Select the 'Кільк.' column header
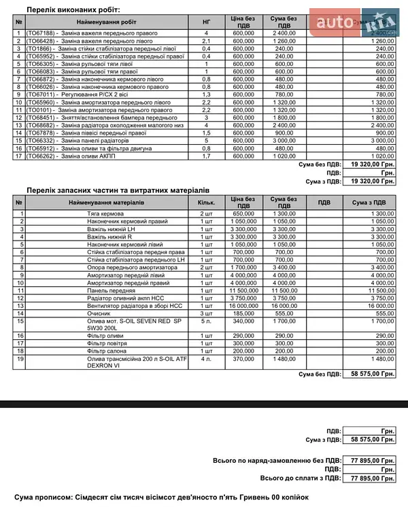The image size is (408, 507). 206,203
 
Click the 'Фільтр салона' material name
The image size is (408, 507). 107,351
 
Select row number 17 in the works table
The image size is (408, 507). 19,156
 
